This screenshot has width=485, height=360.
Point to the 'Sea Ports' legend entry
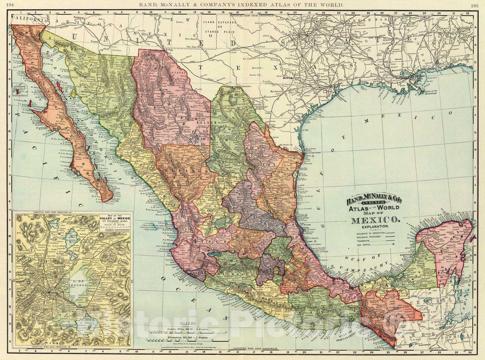coord(363,245)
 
